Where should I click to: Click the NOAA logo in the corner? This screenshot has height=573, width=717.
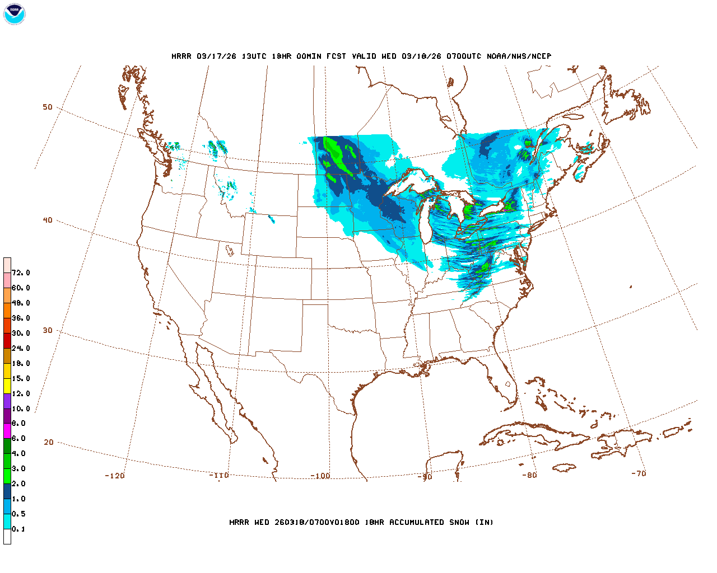pyautogui.click(x=14, y=14)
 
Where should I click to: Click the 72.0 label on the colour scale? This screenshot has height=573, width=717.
pyautogui.click(x=21, y=273)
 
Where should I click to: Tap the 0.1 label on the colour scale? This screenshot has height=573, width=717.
pyautogui.click(x=18, y=529)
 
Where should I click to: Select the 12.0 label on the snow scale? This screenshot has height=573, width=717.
pyautogui.click(x=21, y=393)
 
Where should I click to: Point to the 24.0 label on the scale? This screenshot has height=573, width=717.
pyautogui.click(x=21, y=348)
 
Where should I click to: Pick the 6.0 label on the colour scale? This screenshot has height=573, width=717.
pyautogui.click(x=18, y=438)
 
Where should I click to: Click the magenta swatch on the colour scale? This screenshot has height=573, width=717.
pyautogui.click(x=7, y=431)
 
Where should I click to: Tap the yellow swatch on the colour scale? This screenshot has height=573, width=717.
pyautogui.click(x=7, y=386)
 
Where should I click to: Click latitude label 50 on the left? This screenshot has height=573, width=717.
pyautogui.click(x=48, y=107)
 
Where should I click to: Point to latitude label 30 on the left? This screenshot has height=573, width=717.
pyautogui.click(x=48, y=330)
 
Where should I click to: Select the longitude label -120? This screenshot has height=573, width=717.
pyautogui.click(x=115, y=476)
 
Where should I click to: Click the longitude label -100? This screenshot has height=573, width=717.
pyautogui.click(x=320, y=476)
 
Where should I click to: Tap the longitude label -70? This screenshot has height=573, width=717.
pyautogui.click(x=639, y=473)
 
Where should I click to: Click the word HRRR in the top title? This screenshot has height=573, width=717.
pyautogui.click(x=181, y=56)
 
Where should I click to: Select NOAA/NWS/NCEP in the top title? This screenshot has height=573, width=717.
pyautogui.click(x=519, y=56)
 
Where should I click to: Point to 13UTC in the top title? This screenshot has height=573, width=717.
pyautogui.click(x=254, y=56)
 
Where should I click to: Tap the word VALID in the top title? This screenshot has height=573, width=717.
pyautogui.click(x=364, y=56)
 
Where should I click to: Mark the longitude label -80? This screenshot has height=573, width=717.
pyautogui.click(x=529, y=475)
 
